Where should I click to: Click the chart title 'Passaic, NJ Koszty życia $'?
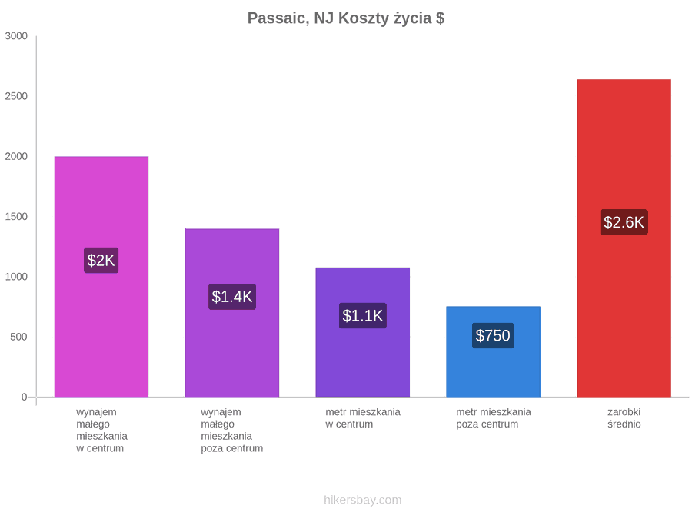point(345,18)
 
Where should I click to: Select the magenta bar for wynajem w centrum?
point(101,277)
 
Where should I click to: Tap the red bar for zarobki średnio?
point(624,238)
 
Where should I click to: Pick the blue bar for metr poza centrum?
point(494,351)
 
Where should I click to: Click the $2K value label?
point(101,261)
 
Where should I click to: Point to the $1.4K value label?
point(232,297)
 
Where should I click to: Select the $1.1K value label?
point(363,315)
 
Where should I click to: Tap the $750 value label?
point(493,335)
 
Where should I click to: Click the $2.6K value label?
point(624,222)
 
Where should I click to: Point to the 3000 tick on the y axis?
point(16,36)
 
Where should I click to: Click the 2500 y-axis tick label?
point(16,96)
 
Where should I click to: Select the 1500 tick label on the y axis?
point(16,217)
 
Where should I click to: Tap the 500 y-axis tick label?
point(19,338)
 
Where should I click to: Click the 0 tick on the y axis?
point(25,398)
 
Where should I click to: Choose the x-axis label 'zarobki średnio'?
point(624,418)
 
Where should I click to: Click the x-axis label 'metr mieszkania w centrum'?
point(363,418)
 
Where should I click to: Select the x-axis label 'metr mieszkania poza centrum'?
point(494,418)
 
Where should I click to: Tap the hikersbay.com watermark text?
point(363,500)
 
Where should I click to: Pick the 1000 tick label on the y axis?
point(16,277)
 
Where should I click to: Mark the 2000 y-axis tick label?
point(16,157)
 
